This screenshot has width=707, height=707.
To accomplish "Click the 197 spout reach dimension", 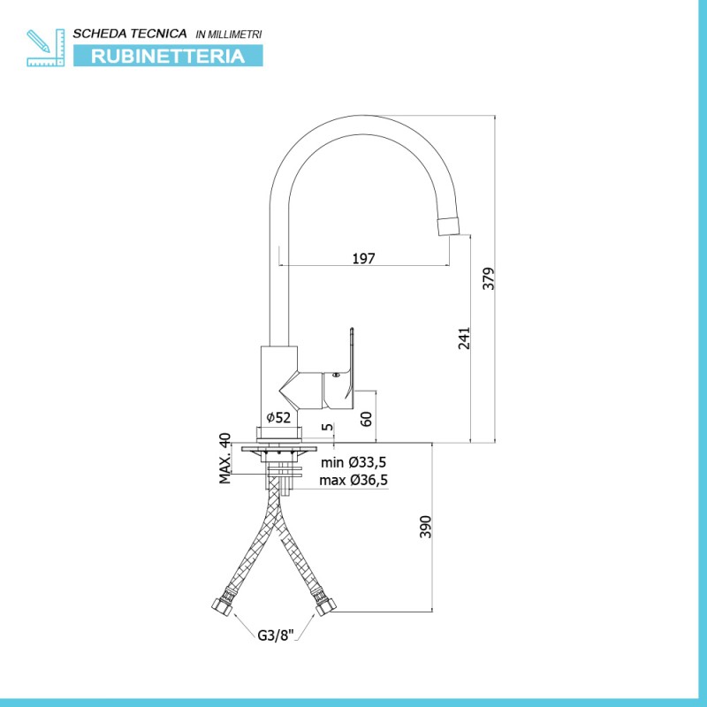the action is pos(363,258).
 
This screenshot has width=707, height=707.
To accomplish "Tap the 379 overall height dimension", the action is pos(489,278).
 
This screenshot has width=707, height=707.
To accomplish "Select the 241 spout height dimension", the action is pos(464,338).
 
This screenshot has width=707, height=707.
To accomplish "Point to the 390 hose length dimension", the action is pos(426,527).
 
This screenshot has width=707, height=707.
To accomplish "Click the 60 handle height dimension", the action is pos(367,418).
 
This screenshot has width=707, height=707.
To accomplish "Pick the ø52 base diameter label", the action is pos(278,417).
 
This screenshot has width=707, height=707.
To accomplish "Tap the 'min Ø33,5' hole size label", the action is pos(353,462).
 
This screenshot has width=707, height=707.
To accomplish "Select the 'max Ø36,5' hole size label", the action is pos(353,480).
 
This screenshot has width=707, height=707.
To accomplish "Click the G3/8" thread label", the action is pos(275,635).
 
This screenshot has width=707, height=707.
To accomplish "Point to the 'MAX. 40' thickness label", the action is pos(225,458).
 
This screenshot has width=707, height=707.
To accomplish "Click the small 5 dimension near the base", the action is pos(328,427).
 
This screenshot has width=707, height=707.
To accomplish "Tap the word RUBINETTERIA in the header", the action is pos(168,57).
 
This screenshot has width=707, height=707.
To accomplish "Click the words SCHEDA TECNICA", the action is pos(130,34).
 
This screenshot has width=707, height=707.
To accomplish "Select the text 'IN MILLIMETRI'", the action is pos(229,34).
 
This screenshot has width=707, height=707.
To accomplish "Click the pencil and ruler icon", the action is pos(46,48).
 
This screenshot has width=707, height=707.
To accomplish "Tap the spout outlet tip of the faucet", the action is pos(449,225).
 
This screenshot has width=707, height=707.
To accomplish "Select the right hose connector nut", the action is pos(324,607).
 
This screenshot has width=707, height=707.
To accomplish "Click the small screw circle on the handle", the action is pos(335,375).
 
